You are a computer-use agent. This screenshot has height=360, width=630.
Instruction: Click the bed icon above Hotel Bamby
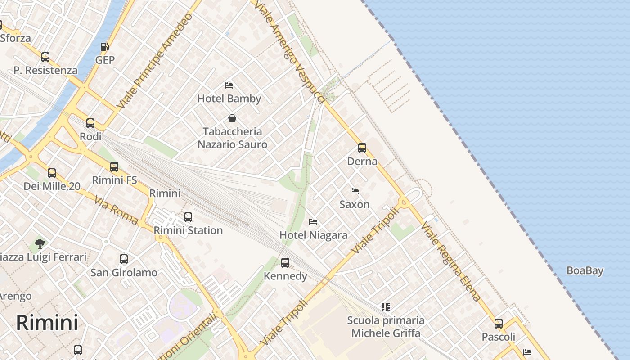click(229, 85)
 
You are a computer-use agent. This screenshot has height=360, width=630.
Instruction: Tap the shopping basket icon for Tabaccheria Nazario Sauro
click(232, 118)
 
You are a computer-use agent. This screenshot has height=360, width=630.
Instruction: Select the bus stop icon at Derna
click(362, 148)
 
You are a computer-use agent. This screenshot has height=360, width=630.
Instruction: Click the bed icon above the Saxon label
click(355, 191)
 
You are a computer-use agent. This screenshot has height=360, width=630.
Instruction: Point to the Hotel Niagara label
click(313, 235)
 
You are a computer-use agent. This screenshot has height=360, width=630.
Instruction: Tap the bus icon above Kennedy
click(285, 263)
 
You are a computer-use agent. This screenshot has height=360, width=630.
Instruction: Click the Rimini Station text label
click(188, 230)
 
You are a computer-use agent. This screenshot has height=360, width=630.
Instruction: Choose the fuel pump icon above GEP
click(105, 46)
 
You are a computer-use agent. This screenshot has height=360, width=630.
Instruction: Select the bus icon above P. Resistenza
click(45, 57)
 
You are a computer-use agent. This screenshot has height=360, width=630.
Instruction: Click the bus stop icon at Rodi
click(90, 123)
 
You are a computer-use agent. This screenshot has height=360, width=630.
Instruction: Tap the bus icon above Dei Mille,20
click(52, 173)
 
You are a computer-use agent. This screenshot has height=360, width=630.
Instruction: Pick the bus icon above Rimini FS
click(114, 167)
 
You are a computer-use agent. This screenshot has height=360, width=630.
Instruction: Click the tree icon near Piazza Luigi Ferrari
click(40, 244)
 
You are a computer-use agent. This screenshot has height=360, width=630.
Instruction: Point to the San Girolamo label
click(124, 272)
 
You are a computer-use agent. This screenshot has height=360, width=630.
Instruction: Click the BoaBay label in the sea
click(585, 270)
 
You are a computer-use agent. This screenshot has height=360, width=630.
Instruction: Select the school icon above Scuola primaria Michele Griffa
click(385, 307)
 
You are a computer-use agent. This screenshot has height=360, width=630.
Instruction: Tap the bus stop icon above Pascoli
click(499, 324)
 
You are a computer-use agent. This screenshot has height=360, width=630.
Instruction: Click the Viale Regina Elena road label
click(451, 261)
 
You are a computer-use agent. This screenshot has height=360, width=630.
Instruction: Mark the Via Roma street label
click(116, 210)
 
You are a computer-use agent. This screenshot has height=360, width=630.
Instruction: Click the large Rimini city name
click(47, 322)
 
